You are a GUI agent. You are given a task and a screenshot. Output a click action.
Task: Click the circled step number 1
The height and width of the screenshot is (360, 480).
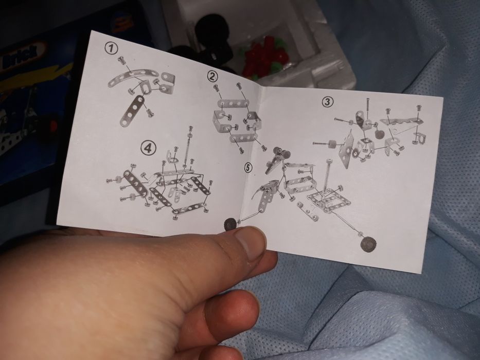click(110, 48)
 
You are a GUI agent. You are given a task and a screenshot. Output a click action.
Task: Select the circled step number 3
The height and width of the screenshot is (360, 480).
click(327, 101)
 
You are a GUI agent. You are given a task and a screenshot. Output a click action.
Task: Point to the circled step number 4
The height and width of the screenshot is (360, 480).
click(148, 148)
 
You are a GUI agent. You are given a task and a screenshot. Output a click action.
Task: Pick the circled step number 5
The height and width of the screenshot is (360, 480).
click(249, 168)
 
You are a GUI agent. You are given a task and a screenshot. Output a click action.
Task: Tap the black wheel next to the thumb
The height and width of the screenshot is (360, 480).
click(230, 223)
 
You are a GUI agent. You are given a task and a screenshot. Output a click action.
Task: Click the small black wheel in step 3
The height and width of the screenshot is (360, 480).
click(380, 135)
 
